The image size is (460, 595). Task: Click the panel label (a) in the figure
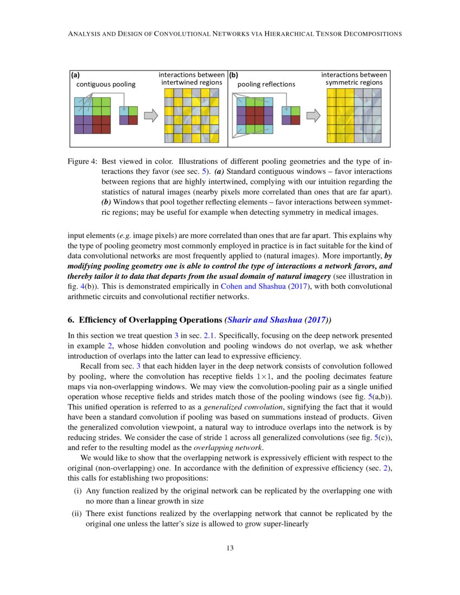pyautogui.click(x=76, y=76)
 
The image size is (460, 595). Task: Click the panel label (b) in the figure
pyautogui.click(x=234, y=76)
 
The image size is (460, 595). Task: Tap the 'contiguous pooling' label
pyautogui.click(x=106, y=84)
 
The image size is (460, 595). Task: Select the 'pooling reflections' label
pyautogui.click(x=266, y=84)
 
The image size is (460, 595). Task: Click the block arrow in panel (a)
pyautogui.click(x=151, y=115)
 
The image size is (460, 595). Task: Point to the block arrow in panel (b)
pyautogui.click(x=313, y=115)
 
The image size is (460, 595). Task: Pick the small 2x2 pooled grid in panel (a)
pyautogui.click(x=128, y=115)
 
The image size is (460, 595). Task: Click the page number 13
pyautogui.click(x=230, y=548)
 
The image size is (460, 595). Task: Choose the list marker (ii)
pyautogui.click(x=77, y=513)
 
